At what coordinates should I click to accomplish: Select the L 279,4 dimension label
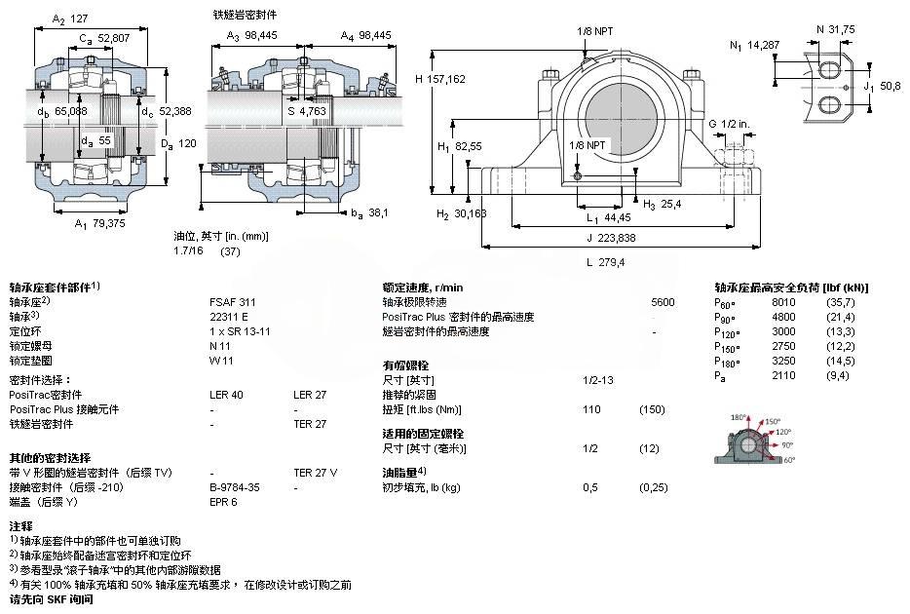(x=605, y=262)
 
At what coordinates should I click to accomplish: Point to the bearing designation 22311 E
(x=229, y=317)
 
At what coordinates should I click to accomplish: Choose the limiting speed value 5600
(x=663, y=302)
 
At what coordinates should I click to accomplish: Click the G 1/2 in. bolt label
(x=729, y=124)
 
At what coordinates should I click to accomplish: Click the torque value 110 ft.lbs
(x=590, y=409)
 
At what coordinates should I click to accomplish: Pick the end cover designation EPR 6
(x=223, y=502)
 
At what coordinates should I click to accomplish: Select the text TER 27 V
(x=316, y=473)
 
